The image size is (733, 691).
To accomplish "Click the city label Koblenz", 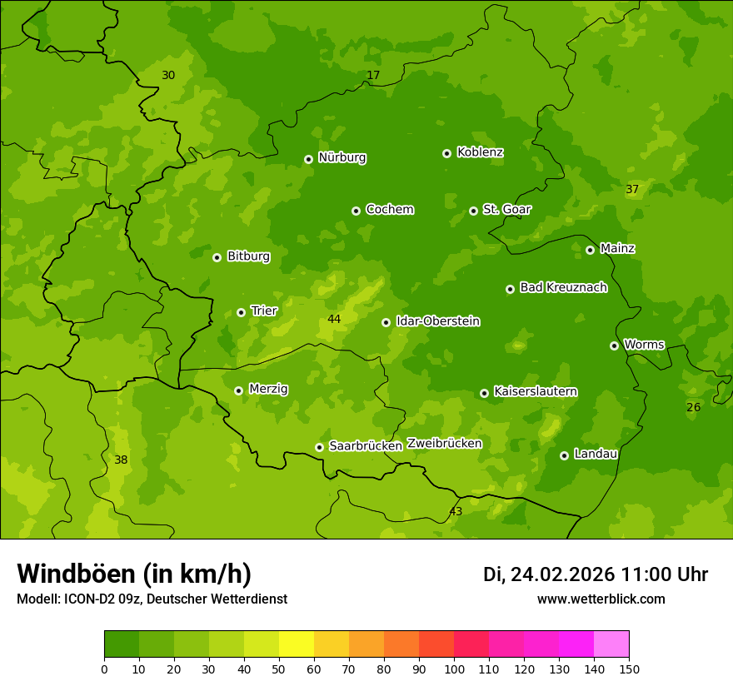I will point(480,152).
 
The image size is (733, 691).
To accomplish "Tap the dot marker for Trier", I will point(241,312).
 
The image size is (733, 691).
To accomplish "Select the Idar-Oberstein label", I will point(437,321).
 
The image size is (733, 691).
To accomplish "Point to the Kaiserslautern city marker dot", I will point(484,393).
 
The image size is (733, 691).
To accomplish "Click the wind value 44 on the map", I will point(334,319).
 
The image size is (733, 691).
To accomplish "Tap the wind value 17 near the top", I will point(373,75).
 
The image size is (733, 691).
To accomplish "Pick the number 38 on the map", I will point(121,460).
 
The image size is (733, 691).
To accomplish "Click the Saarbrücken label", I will point(365,446).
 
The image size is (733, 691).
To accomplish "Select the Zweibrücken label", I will point(444,444).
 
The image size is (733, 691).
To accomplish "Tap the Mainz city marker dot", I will point(590,250).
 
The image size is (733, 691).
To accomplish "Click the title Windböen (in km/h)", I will point(134,574).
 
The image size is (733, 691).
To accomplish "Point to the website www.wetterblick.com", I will point(601,599).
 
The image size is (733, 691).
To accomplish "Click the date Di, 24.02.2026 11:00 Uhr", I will point(596,574).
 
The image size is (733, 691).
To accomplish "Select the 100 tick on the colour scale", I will point(454,669).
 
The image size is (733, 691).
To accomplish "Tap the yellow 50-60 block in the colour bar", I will point(297,644).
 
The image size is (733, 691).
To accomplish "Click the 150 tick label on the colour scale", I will point(629,669).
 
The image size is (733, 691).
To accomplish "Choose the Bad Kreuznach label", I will point(563,287).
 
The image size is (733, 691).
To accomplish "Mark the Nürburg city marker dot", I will point(308,159).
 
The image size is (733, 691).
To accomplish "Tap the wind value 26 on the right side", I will point(693,407).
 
